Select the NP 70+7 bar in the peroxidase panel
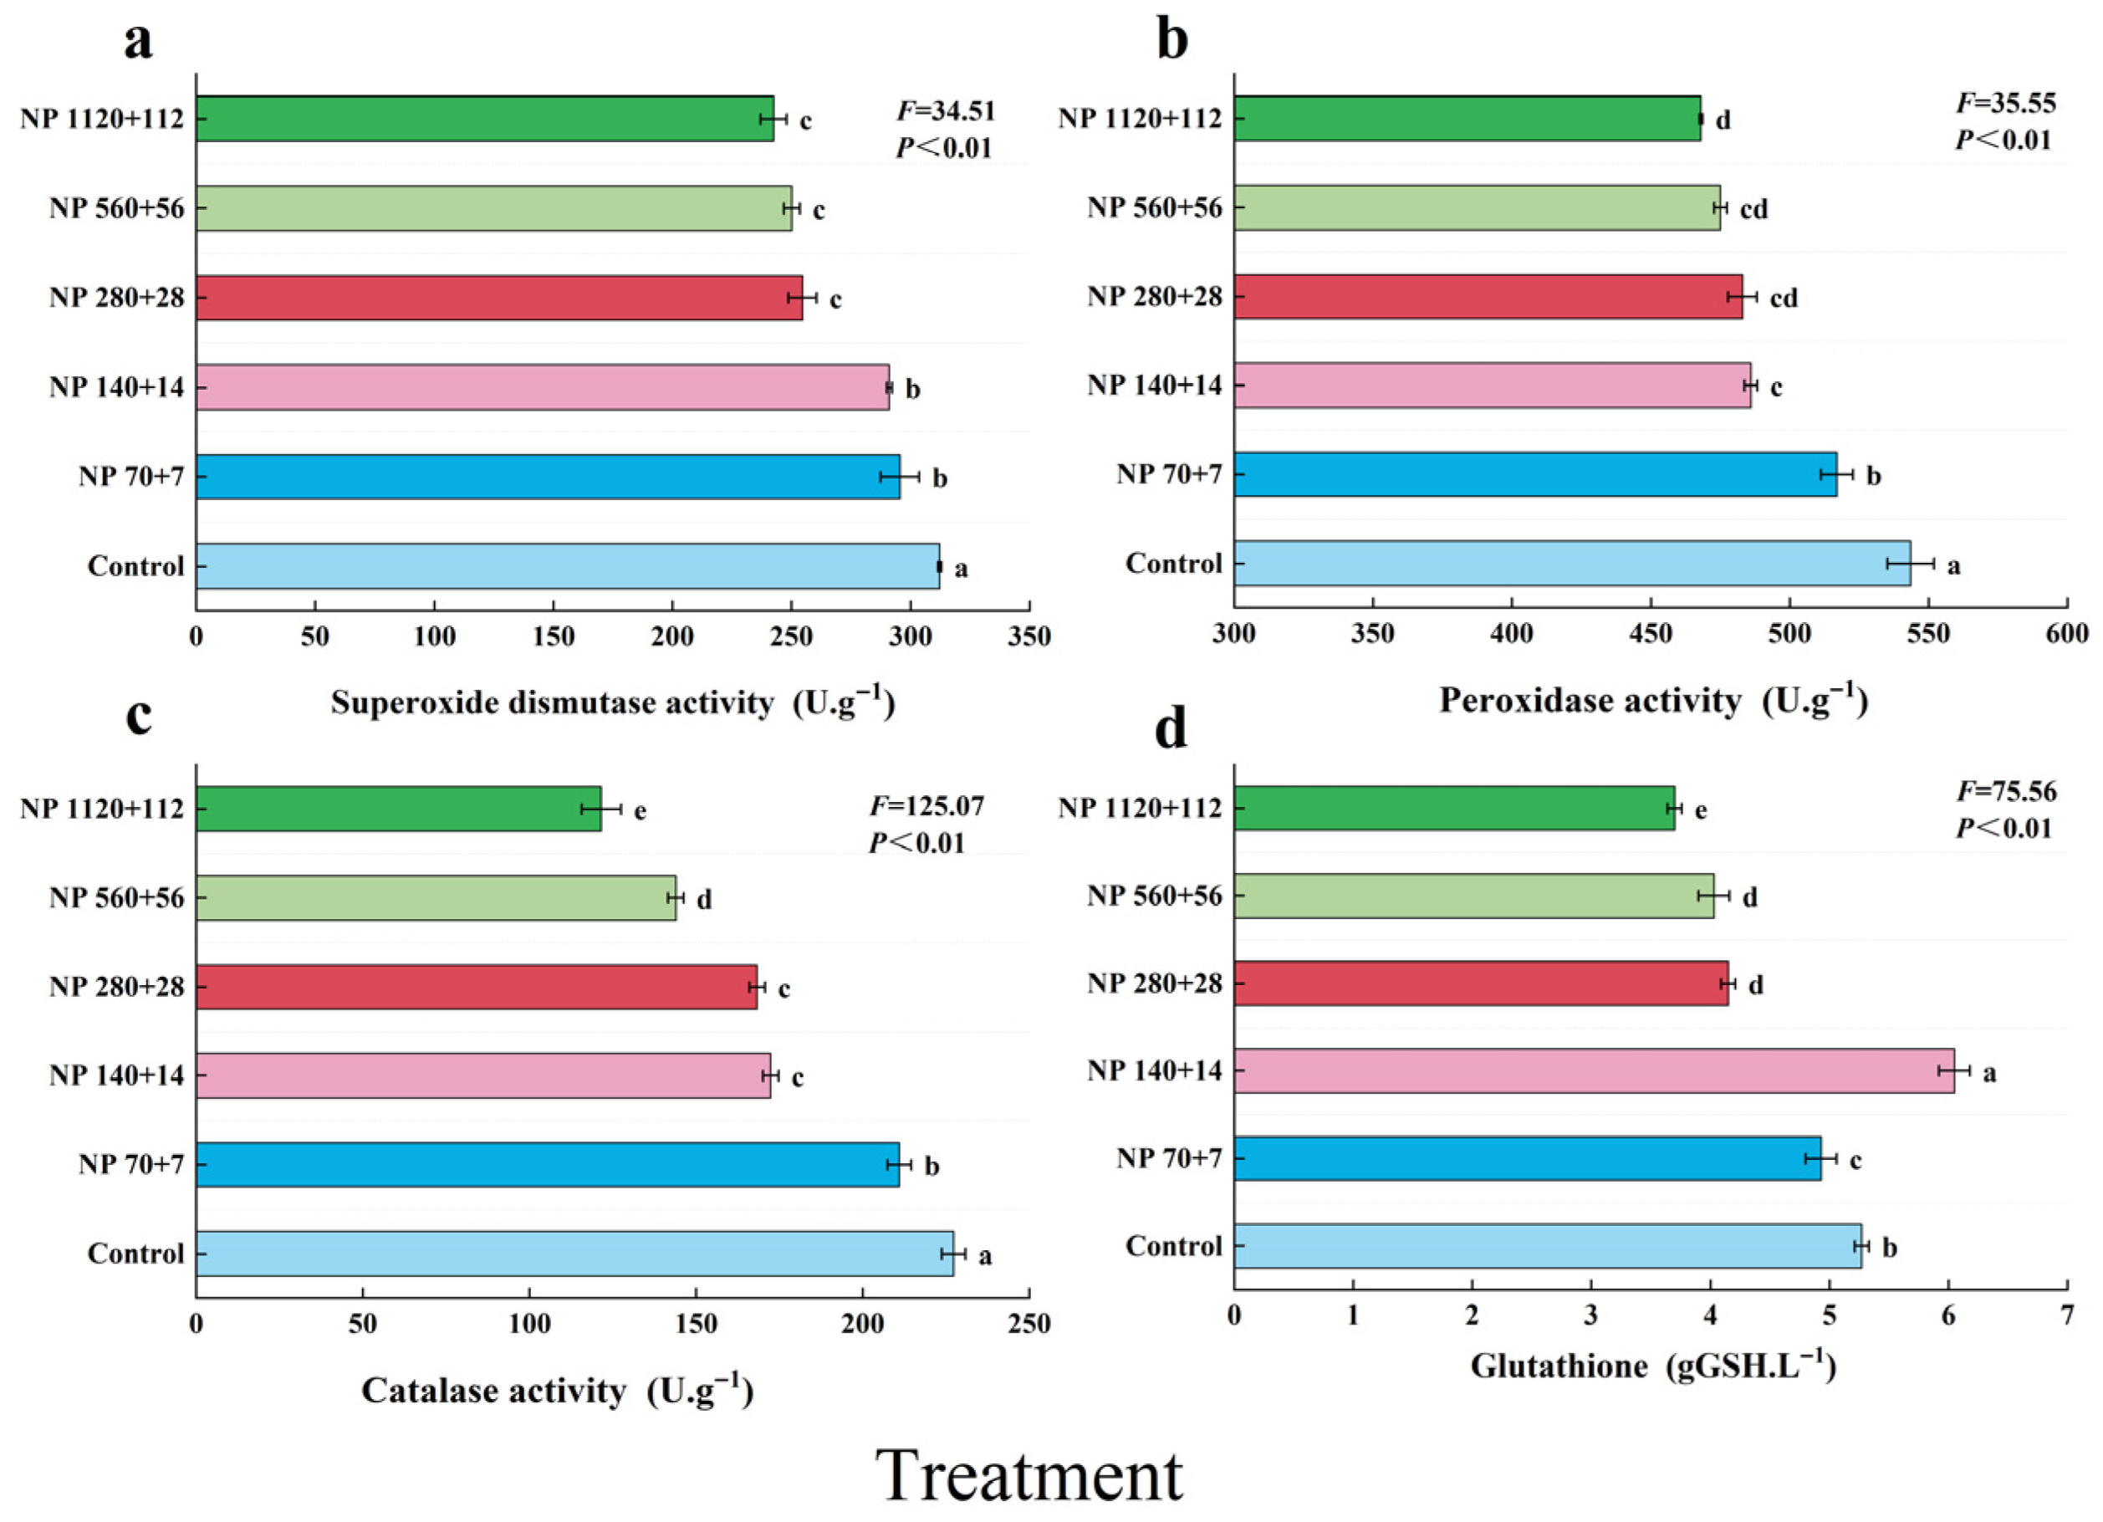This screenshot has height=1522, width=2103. (x=1534, y=474)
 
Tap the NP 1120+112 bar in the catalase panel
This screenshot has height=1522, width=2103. (x=398, y=809)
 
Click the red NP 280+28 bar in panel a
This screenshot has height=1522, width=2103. (x=499, y=298)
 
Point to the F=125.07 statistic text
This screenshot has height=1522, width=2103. (x=926, y=806)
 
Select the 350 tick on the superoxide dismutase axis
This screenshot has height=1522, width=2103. (x=1029, y=636)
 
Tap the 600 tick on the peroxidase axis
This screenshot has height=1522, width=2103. (x=2067, y=634)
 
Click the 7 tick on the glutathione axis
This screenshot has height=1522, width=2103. (x=2067, y=1317)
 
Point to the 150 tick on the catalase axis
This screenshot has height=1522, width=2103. (x=697, y=1324)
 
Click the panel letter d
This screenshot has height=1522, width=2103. (x=1171, y=729)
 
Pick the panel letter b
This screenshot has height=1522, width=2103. (x=1172, y=42)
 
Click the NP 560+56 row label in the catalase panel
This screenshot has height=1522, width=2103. (x=117, y=898)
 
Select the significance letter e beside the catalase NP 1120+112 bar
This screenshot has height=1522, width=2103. (x=640, y=811)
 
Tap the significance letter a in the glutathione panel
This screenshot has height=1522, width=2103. (x=1989, y=1074)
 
